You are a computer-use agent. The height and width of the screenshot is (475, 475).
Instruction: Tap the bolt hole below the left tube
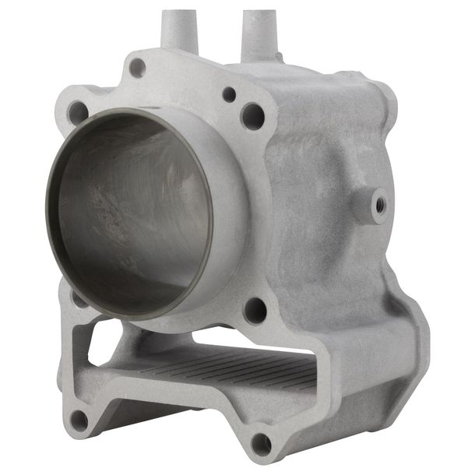(136, 68)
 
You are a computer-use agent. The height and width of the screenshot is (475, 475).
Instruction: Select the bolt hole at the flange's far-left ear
(78, 112)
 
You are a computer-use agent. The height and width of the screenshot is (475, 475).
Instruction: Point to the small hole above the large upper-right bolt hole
(229, 94)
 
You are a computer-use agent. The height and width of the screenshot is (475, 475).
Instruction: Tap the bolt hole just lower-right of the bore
(255, 310)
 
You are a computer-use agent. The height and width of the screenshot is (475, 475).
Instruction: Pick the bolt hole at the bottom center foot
(261, 444)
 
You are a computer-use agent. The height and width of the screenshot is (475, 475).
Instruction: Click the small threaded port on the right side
(380, 205)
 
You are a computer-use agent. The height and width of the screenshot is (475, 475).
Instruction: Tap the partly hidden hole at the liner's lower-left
(78, 297)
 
